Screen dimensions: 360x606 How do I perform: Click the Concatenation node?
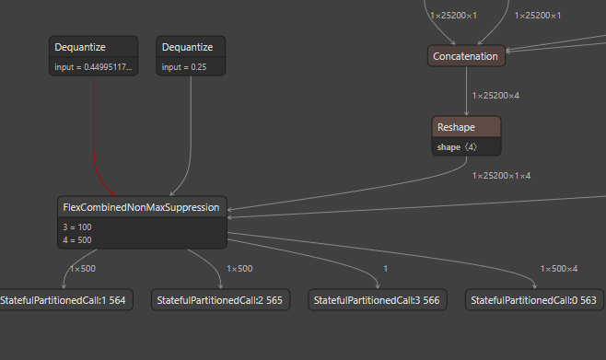point(466,56)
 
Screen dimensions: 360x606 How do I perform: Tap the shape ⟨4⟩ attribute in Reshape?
point(458,146)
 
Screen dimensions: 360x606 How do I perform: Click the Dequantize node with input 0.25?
point(191,47)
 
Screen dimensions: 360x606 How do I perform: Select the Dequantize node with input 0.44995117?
point(93,47)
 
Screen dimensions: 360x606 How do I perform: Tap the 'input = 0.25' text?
point(185,67)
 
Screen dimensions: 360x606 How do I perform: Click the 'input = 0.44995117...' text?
point(93,67)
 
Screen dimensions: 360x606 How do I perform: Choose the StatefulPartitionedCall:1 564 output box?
point(64,300)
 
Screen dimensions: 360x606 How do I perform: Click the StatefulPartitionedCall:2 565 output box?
point(220,300)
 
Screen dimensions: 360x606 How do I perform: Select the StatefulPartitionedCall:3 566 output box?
point(377,300)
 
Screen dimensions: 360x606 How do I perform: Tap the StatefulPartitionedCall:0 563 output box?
point(533,300)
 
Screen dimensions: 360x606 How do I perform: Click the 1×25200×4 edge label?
point(495,95)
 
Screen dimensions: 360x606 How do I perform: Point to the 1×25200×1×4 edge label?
point(501,175)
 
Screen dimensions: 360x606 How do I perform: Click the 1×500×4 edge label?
point(559,268)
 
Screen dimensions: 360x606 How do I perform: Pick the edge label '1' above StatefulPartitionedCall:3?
point(384,268)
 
